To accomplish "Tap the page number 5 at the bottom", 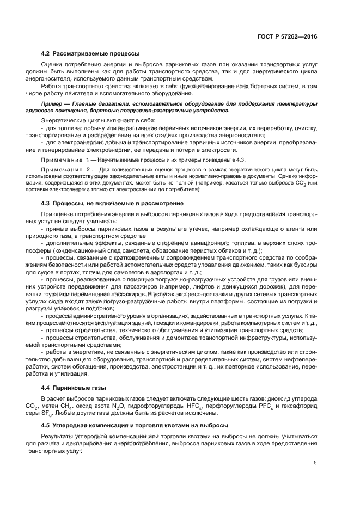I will [x=315, y=463].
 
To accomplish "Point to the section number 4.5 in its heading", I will [x=46, y=425].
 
